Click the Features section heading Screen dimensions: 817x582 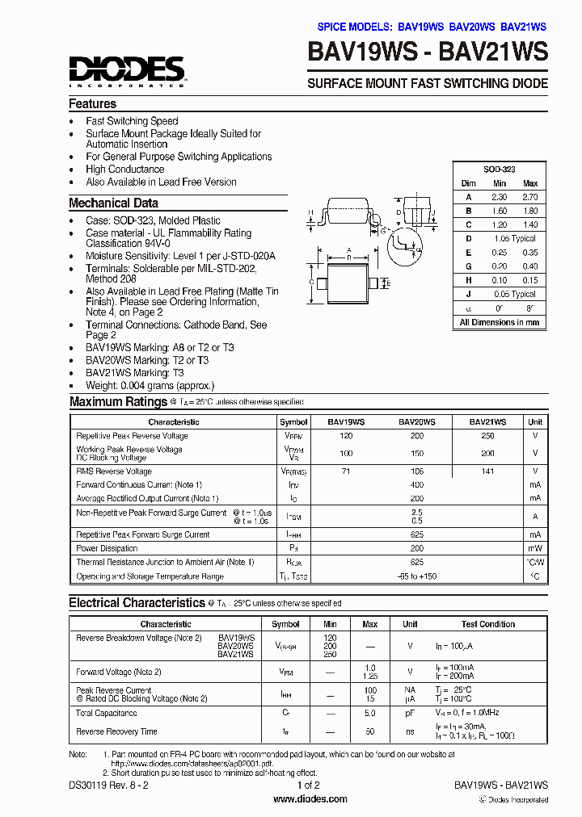(x=92, y=104)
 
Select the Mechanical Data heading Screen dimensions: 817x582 (x=113, y=203)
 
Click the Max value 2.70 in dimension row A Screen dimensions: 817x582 (x=530, y=197)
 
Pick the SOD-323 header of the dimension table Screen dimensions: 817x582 (x=499, y=170)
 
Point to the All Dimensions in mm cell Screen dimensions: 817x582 (x=499, y=322)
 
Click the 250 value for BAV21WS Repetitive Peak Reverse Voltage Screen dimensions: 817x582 (x=487, y=435)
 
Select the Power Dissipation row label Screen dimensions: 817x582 (x=107, y=548)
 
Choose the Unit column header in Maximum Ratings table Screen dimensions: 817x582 (x=535, y=422)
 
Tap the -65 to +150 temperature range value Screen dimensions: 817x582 (x=417, y=576)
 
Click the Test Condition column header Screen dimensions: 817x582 (x=488, y=624)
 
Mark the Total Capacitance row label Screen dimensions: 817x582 (x=106, y=714)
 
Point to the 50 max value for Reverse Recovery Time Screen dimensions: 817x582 (x=370, y=731)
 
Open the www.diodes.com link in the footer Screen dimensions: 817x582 (x=310, y=799)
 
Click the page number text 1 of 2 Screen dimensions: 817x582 (x=310, y=785)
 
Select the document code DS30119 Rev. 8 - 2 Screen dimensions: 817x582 (x=108, y=785)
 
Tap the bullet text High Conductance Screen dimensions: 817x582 (x=125, y=170)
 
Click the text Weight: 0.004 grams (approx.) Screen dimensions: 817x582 (x=150, y=386)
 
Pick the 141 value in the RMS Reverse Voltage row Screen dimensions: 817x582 (x=487, y=471)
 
